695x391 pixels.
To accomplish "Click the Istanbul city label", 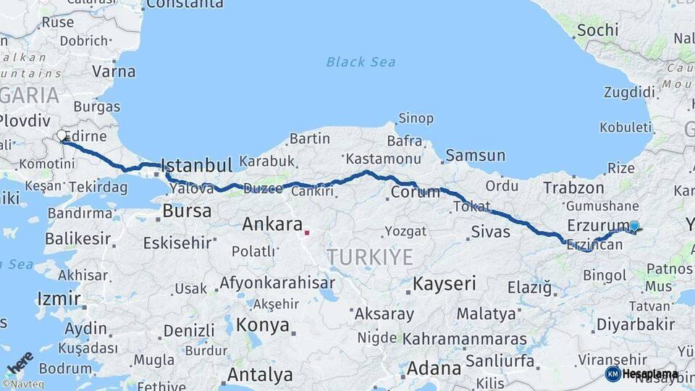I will click(x=196, y=165).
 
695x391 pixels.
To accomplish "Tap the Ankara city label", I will click(x=271, y=224).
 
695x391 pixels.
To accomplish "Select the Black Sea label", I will click(x=361, y=62).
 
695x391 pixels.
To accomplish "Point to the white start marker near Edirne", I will click(x=62, y=135).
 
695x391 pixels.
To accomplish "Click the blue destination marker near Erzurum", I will click(x=634, y=227).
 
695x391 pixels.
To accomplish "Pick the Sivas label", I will click(x=490, y=232).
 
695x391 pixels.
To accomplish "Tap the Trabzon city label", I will click(x=573, y=188).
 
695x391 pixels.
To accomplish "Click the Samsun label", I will click(x=475, y=156).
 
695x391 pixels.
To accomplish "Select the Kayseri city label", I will click(x=445, y=284).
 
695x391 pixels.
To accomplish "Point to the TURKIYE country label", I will click(x=369, y=257).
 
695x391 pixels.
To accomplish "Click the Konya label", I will click(x=262, y=324).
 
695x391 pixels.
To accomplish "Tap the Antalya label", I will click(x=260, y=375).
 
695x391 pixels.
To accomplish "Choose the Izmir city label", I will click(x=59, y=298).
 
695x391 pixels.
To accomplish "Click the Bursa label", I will click(x=187, y=212).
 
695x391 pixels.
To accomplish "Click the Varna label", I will click(x=114, y=72).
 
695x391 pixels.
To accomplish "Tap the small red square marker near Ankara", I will click(x=307, y=233).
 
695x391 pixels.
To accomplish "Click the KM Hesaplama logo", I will click(x=642, y=374).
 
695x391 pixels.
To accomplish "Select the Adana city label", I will click(x=434, y=369).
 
